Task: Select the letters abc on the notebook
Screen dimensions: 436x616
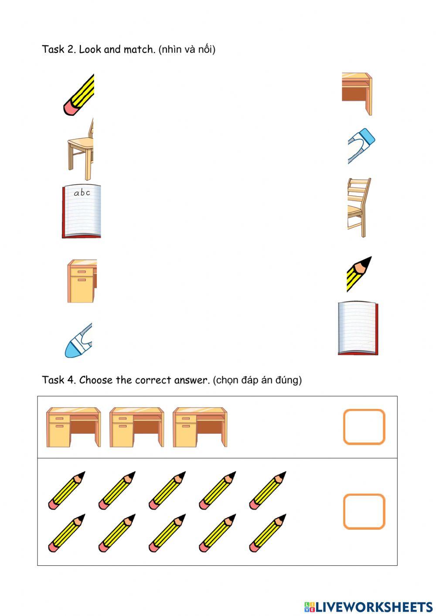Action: [82, 193]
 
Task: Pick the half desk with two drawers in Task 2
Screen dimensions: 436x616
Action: [82, 281]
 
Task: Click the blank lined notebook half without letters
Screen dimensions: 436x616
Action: [358, 328]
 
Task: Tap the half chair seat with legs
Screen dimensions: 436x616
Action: [80, 149]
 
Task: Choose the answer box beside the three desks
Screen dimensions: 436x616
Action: [364, 427]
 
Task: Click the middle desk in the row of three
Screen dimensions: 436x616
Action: [137, 427]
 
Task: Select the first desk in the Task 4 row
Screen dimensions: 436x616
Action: [73, 427]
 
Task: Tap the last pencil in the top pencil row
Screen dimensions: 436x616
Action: [268, 490]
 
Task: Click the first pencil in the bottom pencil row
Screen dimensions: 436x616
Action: [67, 533]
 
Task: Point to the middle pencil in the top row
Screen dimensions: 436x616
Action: [167, 490]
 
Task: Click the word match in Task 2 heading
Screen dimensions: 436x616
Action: [140, 50]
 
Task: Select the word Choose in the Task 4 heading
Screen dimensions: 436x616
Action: [96, 380]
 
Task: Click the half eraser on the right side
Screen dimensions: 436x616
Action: [361, 146]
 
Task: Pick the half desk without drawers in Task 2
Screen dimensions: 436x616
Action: [357, 94]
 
